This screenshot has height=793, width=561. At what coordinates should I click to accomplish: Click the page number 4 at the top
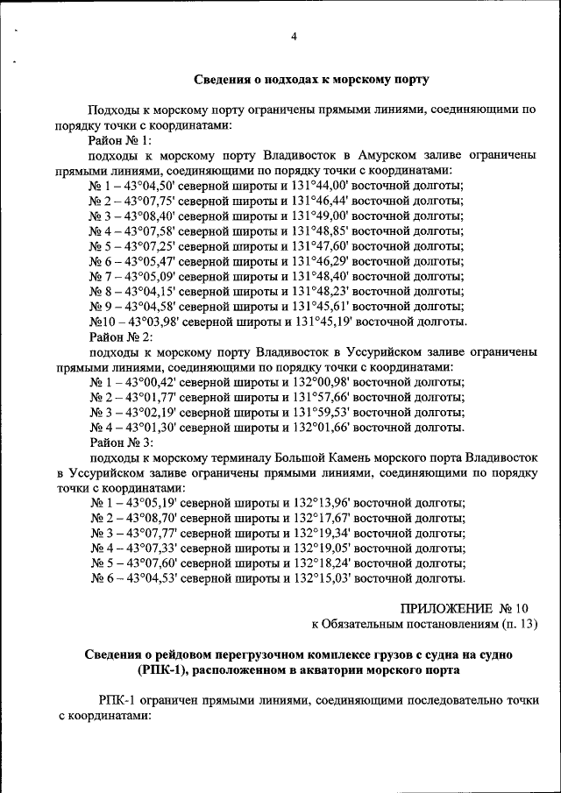(x=295, y=37)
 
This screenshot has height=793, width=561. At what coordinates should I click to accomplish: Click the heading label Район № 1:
(x=121, y=140)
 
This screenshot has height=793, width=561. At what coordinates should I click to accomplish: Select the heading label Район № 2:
(x=121, y=336)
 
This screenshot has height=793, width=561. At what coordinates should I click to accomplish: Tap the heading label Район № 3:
(x=121, y=443)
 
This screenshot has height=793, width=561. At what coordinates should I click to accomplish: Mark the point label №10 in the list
(x=102, y=322)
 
